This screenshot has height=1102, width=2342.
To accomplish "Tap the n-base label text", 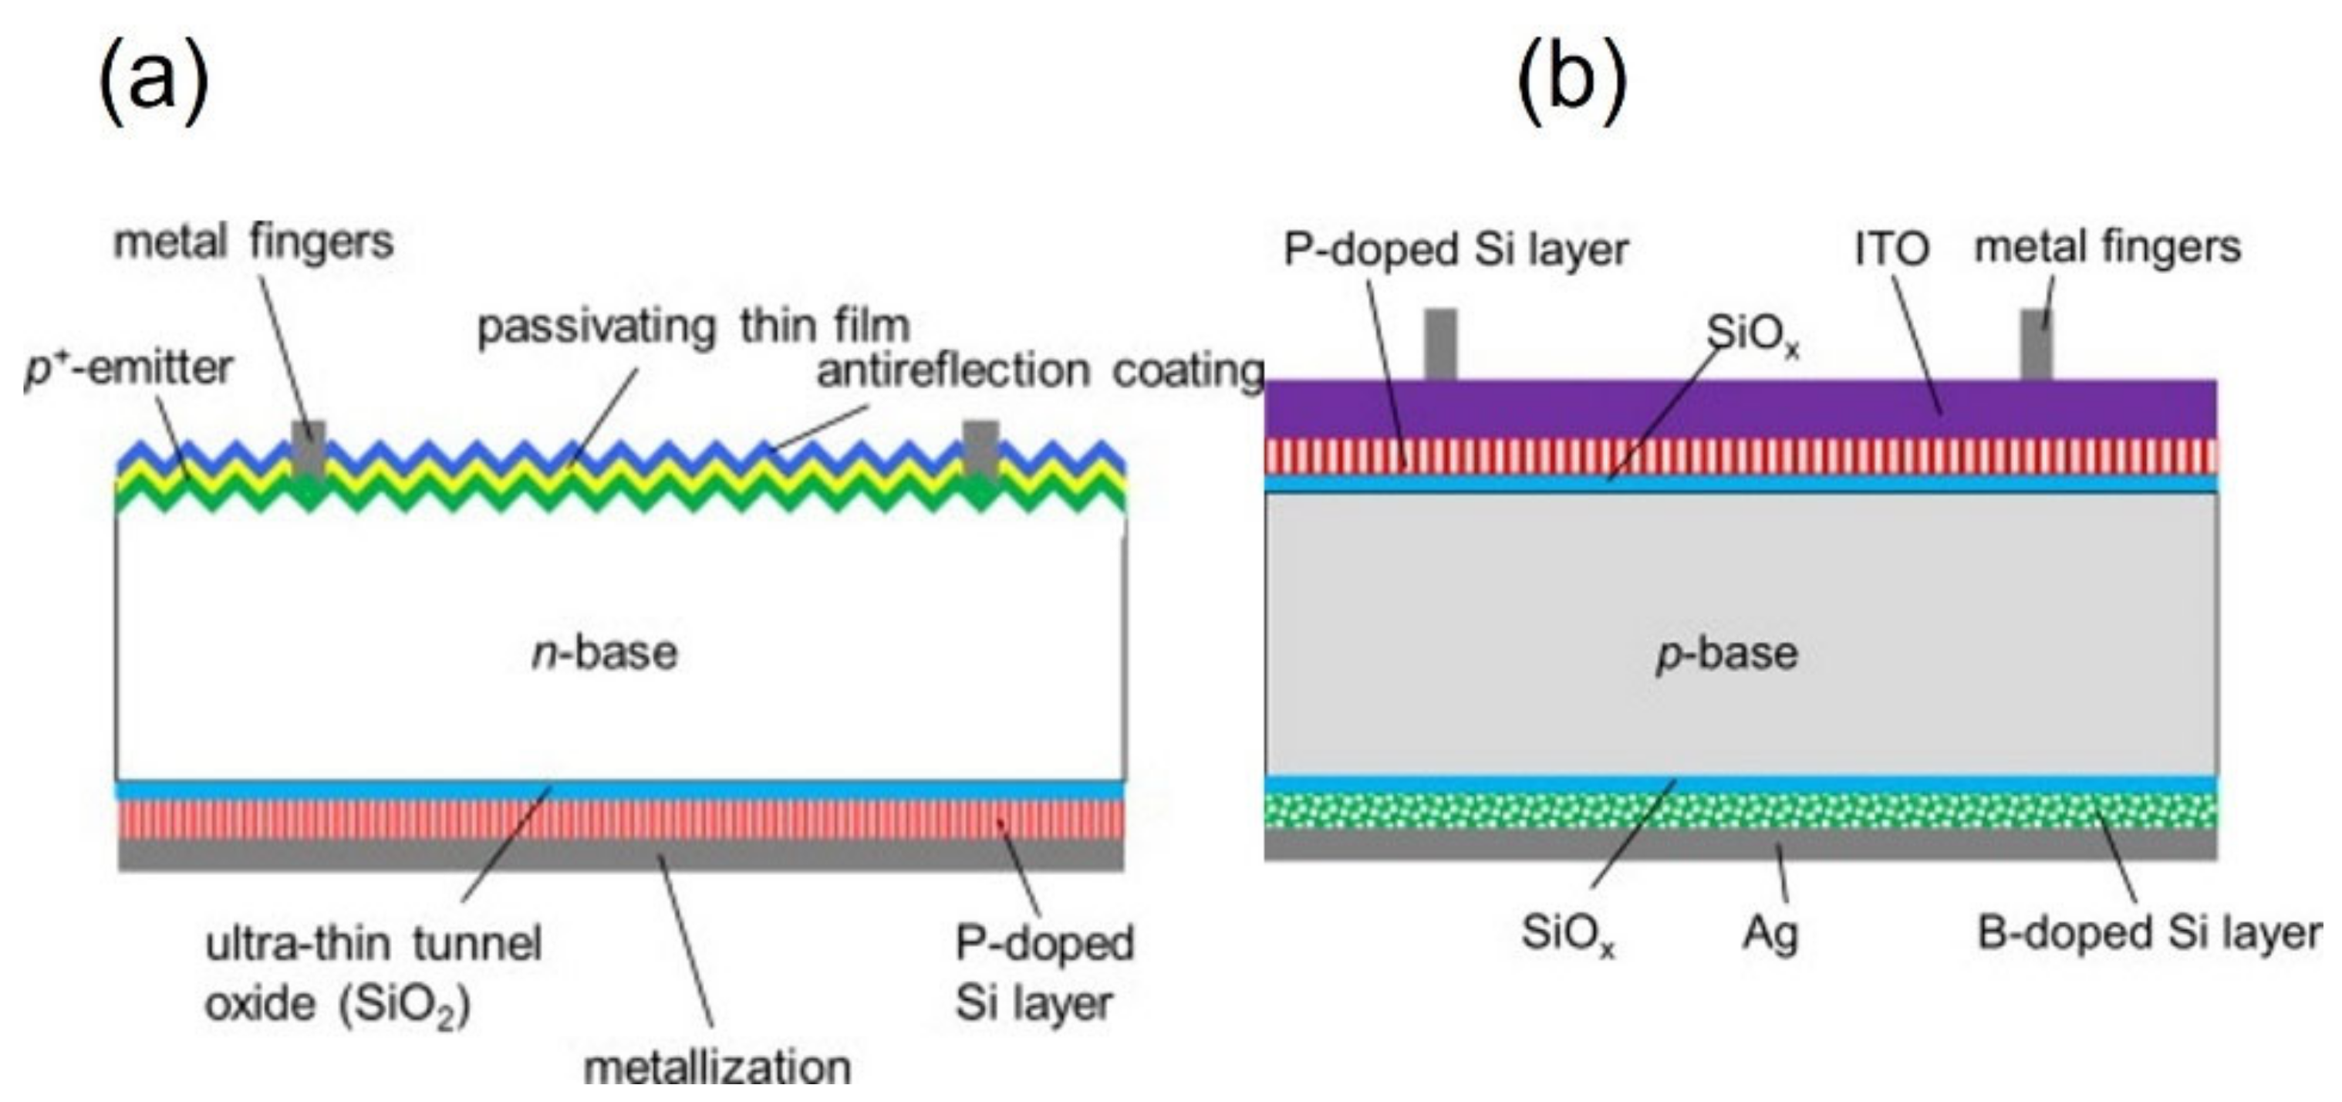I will click(x=605, y=653).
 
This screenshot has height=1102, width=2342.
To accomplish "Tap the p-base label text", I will click(x=1726, y=653).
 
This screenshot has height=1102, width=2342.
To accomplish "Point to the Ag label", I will click(x=1770, y=933).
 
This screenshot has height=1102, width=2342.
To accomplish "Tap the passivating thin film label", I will click(x=693, y=326).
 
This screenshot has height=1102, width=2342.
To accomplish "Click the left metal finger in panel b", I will click(x=1441, y=343).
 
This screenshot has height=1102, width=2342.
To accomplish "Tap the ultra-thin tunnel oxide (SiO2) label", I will click(x=373, y=974).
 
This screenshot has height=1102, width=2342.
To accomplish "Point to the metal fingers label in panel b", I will click(x=2107, y=247).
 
